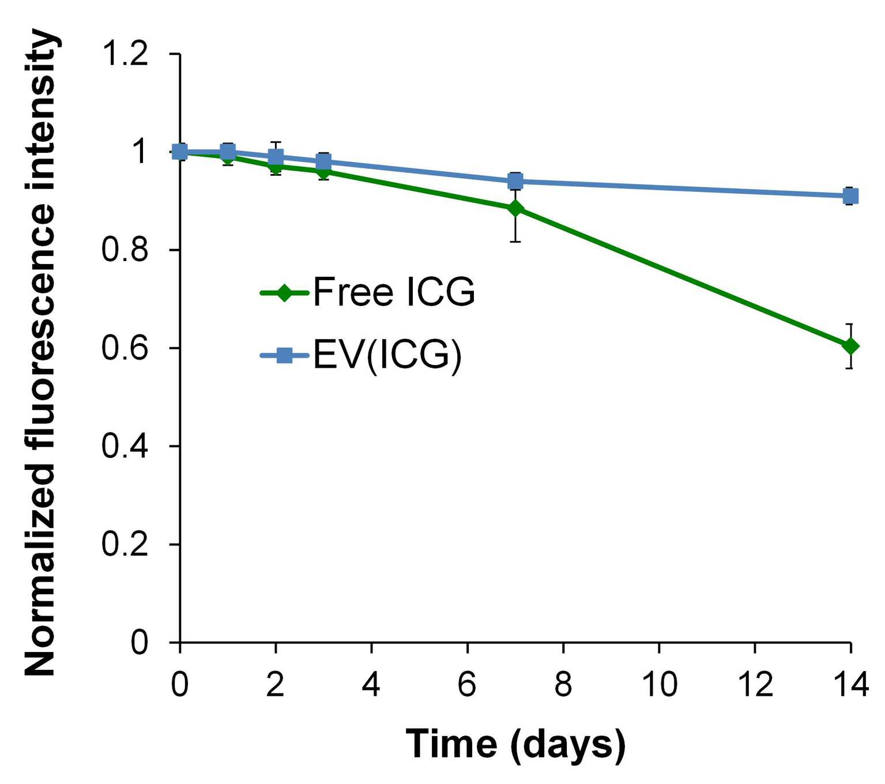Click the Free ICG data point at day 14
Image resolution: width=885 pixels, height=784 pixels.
pos(850,346)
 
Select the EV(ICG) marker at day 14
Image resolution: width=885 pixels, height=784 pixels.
pos(850,196)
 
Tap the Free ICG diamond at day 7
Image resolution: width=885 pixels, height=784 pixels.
pos(516,209)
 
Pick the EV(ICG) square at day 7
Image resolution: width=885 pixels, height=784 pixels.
pos(516,181)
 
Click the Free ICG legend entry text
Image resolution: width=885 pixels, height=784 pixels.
pos(394,292)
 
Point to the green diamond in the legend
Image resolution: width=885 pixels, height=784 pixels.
pos(285,292)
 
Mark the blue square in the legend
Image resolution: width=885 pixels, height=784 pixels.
pos(285,356)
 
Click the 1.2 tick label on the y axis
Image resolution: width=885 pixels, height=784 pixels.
pos(125,55)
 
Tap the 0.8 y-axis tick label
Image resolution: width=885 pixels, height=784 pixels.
pos(125,250)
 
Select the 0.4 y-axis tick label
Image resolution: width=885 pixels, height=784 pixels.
pos(125,446)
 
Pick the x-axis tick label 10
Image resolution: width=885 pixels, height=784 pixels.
pos(660,684)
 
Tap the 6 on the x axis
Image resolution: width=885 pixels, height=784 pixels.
pos(468,684)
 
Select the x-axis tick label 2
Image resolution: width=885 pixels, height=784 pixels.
pos(275,684)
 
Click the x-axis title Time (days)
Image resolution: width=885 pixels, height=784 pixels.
pos(515,744)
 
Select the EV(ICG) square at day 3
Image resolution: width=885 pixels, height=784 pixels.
pos(323,162)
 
